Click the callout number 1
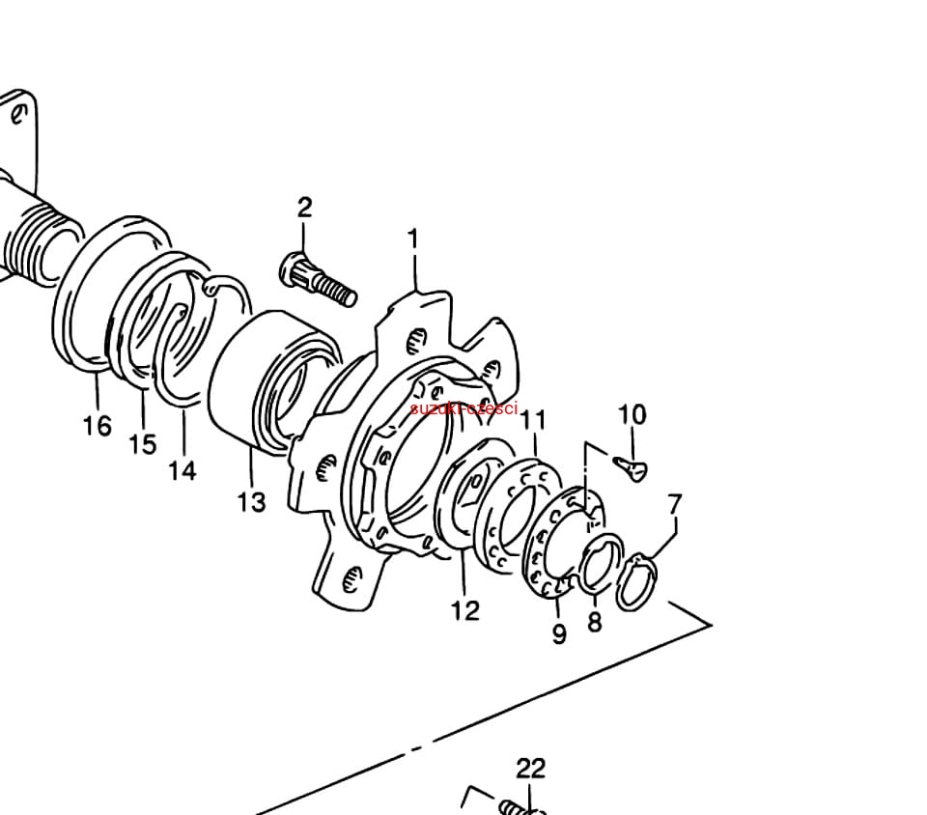[413, 239]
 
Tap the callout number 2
[304, 208]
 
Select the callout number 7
[675, 504]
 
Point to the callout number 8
[594, 621]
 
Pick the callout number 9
[559, 633]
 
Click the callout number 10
[632, 414]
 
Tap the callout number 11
[533, 420]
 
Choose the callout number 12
[465, 610]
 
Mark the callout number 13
[252, 502]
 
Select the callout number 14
[183, 471]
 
